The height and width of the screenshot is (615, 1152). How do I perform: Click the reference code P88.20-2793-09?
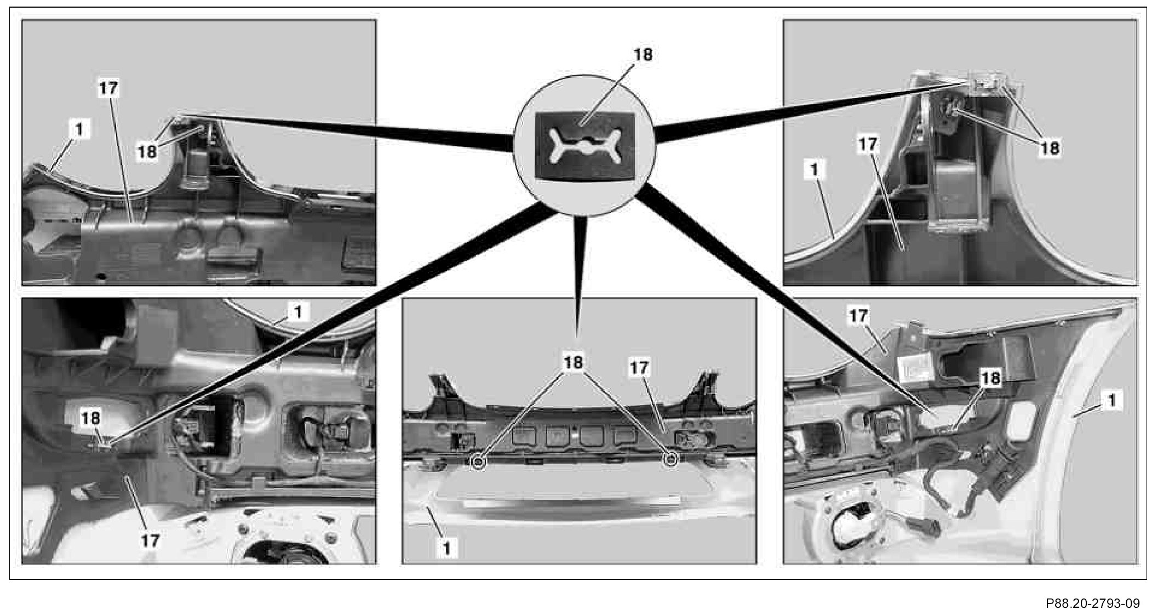(1092, 603)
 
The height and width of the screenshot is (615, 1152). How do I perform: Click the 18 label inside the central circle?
(643, 55)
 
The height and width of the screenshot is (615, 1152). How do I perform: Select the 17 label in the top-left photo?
(109, 88)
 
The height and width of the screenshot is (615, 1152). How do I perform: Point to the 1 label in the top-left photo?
(80, 129)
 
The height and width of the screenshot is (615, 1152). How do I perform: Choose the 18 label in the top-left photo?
(147, 151)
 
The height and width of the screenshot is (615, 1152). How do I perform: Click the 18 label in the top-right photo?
(1049, 147)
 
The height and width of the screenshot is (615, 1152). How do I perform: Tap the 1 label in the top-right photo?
(815, 170)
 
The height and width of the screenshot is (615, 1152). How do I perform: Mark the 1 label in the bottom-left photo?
(298, 312)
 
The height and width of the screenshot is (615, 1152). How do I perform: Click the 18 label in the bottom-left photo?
(91, 418)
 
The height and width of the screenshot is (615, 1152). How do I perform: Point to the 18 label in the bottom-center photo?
(573, 362)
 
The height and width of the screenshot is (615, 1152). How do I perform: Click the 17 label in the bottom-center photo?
(639, 367)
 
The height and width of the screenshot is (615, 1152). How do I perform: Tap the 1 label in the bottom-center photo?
(446, 548)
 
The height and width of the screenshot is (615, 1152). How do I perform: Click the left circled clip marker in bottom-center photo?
(478, 462)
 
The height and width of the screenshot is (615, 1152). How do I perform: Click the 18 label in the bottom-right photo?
(991, 378)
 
